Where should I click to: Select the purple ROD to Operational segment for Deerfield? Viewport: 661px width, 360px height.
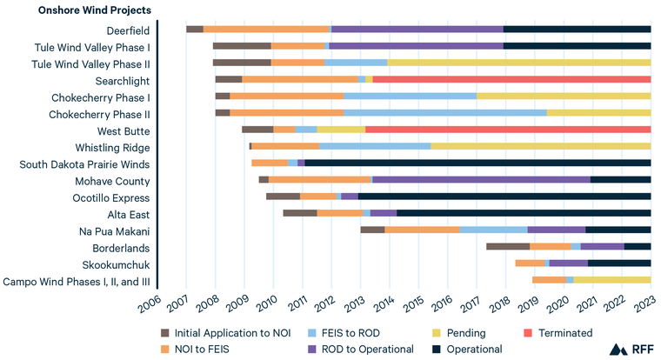[417, 29]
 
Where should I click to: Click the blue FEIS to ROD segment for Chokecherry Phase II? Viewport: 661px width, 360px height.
[445, 112]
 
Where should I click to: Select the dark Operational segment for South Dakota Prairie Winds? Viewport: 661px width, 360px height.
[478, 163]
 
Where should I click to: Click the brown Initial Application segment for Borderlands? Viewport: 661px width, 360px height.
[508, 246]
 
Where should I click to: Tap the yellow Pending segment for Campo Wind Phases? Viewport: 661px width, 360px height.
[612, 280]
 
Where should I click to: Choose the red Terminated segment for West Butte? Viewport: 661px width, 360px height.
[508, 130]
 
